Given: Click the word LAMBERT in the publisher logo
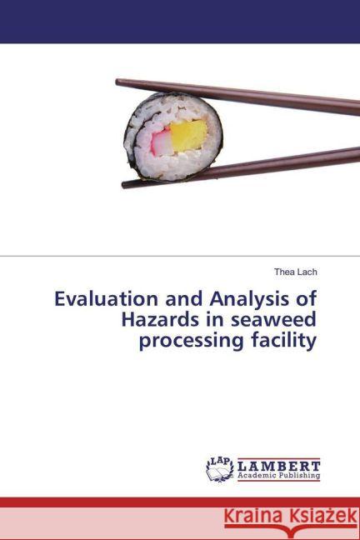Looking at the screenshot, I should point(279,466).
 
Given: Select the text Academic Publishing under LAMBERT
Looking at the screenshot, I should point(279,477).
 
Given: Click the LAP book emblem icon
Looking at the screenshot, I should point(219,470).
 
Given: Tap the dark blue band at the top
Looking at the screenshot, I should point(180,22).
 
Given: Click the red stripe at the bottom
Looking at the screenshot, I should point(180,502).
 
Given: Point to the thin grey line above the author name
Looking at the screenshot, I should point(180,256).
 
